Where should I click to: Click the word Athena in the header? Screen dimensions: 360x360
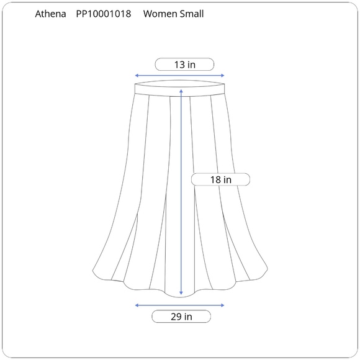pyautogui.click(x=50, y=14)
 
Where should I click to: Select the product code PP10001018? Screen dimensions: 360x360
pyautogui.click(x=104, y=14)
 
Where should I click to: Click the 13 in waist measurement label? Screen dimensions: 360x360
pyautogui.click(x=184, y=65)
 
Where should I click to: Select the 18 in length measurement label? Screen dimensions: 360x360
pyautogui.click(x=220, y=179)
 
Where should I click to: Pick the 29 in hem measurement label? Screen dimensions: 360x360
pyautogui.click(x=181, y=317)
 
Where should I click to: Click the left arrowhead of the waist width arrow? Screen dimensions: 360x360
pyautogui.click(x=137, y=75)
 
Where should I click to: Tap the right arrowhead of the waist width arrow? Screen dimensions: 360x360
pyautogui.click(x=222, y=75)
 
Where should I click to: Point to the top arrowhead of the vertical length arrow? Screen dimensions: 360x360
pyautogui.click(x=181, y=91)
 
